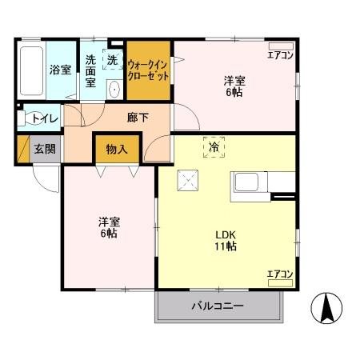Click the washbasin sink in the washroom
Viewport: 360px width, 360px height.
tap(114, 88)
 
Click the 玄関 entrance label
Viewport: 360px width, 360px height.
tap(43, 149)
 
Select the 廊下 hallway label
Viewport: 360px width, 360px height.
tap(137, 117)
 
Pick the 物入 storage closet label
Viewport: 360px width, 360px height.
tap(118, 149)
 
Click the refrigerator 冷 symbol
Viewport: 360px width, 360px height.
tap(214, 147)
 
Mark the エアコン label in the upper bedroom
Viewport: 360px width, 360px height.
tap(279, 54)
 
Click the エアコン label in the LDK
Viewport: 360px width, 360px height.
tap(279, 274)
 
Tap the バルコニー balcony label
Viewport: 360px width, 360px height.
tap(217, 306)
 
